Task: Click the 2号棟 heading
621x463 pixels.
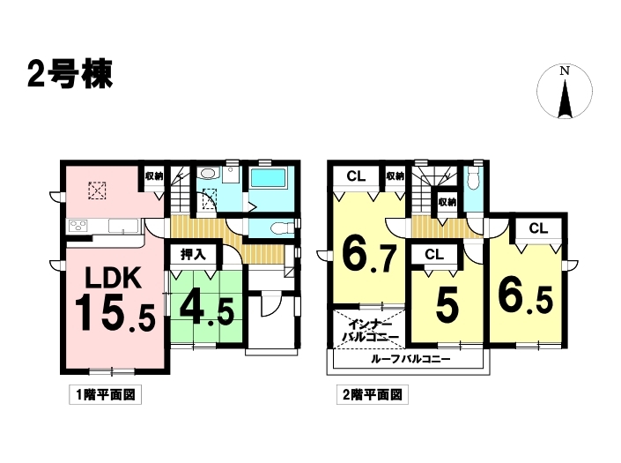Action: coord(70,74)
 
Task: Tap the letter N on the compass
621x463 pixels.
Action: coord(565,71)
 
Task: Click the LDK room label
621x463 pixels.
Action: coord(114,278)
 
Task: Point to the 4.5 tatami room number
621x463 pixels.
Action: coord(206,310)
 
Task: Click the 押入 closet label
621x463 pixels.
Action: coord(193,254)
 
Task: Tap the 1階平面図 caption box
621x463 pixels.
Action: coord(106,394)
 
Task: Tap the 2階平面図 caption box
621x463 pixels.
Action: coord(373,394)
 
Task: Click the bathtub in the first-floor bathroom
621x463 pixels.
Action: coord(268,177)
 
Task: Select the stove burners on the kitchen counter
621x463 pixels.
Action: coord(78,226)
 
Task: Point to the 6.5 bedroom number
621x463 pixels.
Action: coord(525,297)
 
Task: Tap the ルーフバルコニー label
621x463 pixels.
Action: coord(410,360)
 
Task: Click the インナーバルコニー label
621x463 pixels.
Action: coord(370,331)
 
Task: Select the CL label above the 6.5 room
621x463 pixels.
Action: coord(538,228)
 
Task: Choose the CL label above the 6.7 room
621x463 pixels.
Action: coord(356,176)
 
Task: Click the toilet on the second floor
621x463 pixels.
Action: coord(473,178)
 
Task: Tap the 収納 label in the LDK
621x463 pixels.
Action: coord(153,176)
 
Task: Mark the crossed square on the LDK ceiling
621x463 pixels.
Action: coord(97,190)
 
